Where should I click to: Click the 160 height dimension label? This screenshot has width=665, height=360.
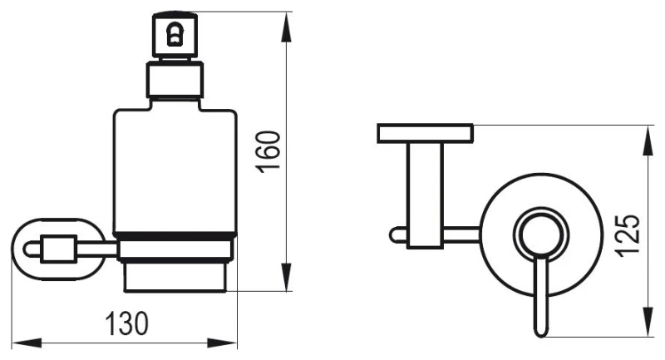(x=268, y=151)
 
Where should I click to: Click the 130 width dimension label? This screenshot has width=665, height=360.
(x=127, y=324)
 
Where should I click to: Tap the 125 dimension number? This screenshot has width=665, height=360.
(x=628, y=236)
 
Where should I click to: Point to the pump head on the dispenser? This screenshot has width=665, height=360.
(x=175, y=36)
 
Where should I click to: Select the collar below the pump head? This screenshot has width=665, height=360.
(x=175, y=81)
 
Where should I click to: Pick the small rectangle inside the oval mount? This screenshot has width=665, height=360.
(x=58, y=249)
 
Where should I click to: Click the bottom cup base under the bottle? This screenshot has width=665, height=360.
(x=175, y=278)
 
